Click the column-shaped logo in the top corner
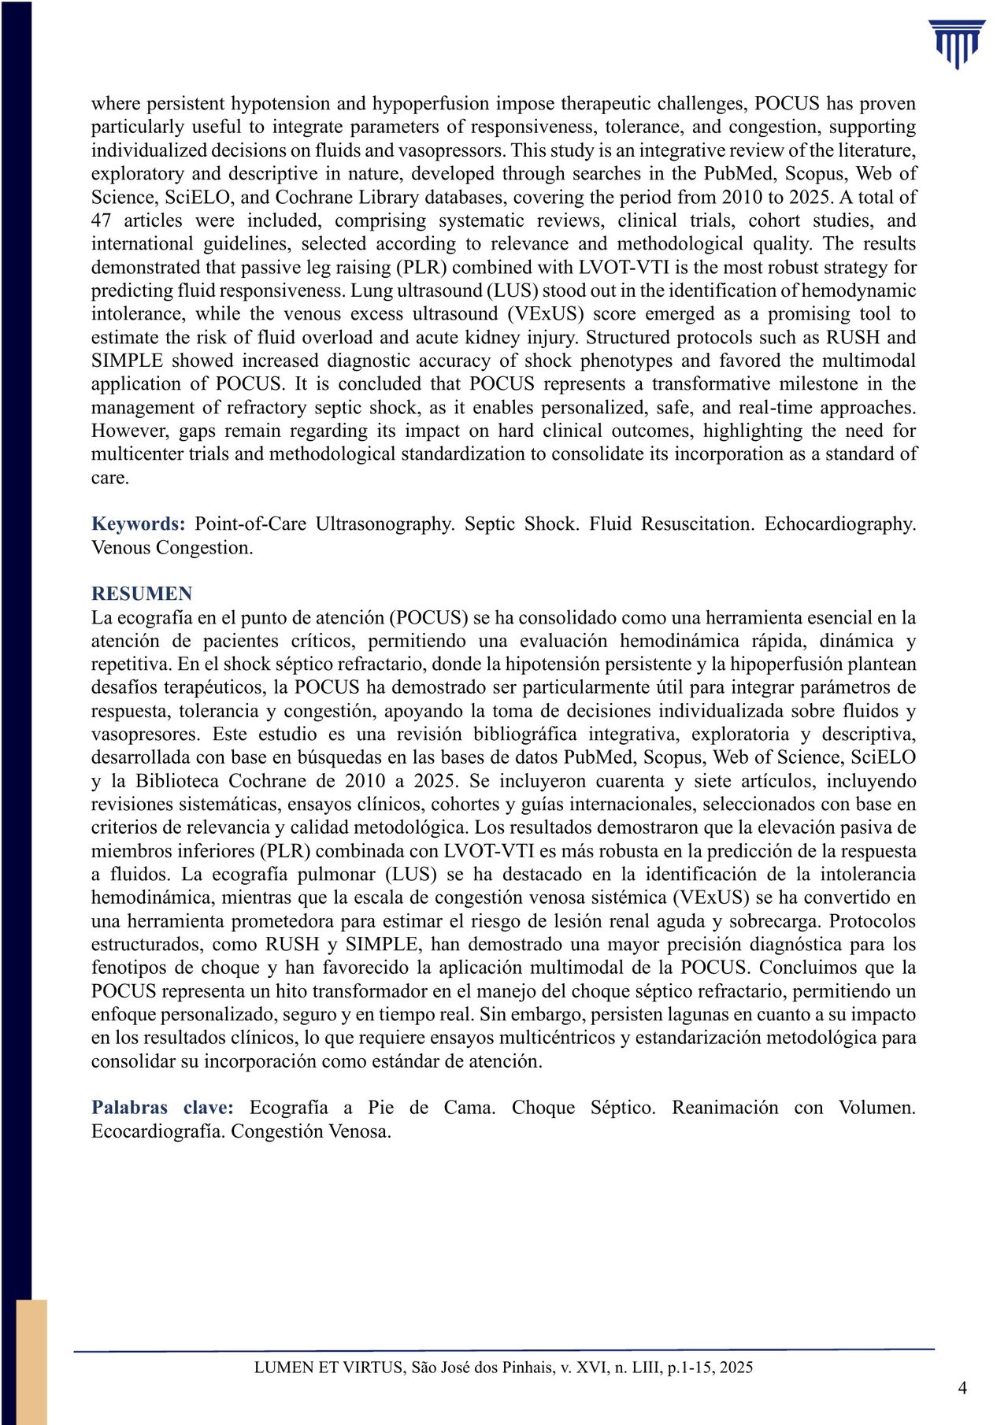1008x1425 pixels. click(956, 44)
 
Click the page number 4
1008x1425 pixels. click(962, 1387)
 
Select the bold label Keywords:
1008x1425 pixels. click(139, 524)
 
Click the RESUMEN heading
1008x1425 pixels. click(142, 594)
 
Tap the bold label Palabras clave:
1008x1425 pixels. click(162, 1108)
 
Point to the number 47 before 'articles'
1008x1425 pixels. click(102, 220)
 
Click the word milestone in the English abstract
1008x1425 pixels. click(820, 384)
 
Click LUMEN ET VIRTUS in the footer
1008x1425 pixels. click(328, 1368)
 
